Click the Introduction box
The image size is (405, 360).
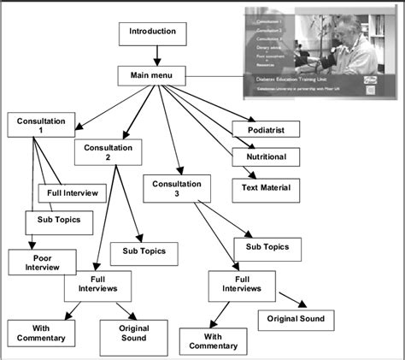point(152,34)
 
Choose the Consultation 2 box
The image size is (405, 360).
point(108,151)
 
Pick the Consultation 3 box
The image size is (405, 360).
point(176,189)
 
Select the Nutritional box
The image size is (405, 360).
point(266,157)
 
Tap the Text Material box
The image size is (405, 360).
point(266,187)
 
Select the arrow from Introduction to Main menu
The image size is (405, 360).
point(156,56)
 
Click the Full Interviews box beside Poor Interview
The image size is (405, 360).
point(97,285)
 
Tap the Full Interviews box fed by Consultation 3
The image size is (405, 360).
point(242,283)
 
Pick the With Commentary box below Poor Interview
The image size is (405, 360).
point(36,332)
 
